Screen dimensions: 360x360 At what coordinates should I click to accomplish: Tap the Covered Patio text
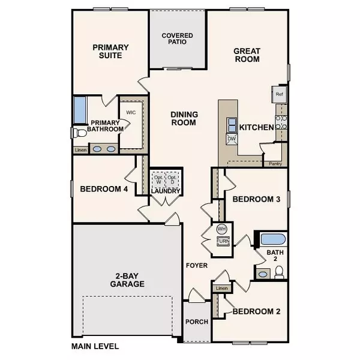pos(177,39)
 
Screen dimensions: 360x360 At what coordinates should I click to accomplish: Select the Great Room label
pos(246,55)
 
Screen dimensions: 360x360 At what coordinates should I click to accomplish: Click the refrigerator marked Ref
pos(279,94)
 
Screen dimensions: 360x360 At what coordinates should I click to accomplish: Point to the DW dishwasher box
pos(232,139)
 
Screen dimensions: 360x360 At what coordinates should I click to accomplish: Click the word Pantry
pos(275,163)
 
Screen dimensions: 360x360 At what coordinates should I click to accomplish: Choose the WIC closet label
pos(133,112)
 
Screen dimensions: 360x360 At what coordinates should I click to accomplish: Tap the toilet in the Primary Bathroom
pos(76,132)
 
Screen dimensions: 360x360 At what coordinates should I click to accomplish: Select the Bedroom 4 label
pos(104,190)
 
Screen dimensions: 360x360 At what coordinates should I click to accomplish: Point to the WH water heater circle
pos(221,229)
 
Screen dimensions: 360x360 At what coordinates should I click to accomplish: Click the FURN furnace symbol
pos(222,241)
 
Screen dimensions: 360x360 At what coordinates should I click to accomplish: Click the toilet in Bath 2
pos(278,273)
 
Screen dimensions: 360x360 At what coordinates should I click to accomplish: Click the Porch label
pos(197,322)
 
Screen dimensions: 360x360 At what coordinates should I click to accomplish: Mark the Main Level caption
pos(95,346)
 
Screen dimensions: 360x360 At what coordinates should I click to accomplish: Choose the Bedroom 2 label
pos(256,311)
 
